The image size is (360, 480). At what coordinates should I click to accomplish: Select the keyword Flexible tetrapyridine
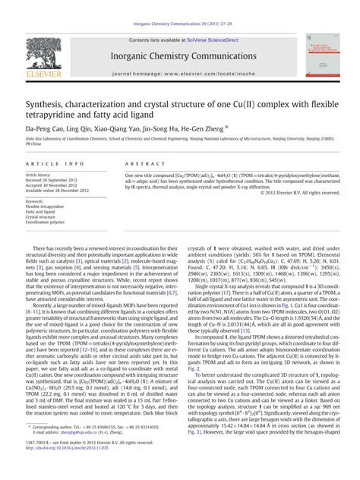click(x=47, y=206)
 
